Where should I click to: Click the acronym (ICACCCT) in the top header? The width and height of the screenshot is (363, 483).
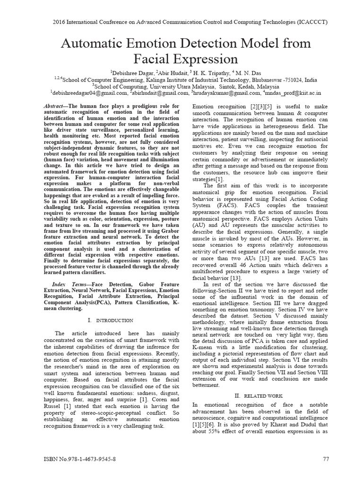311,22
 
